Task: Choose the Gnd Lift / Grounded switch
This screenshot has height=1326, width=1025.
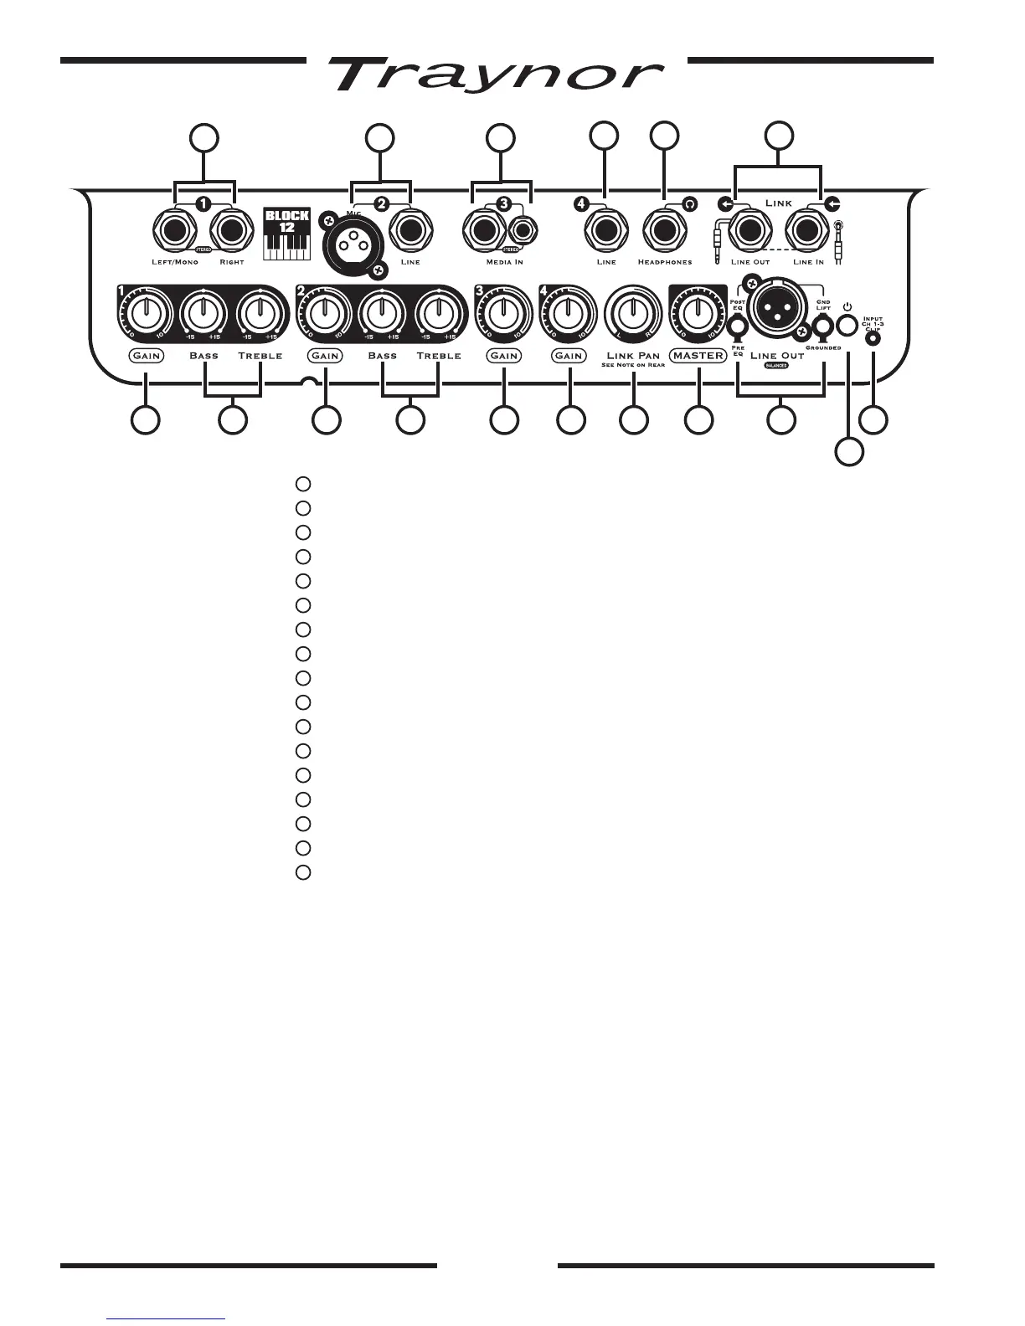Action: [x=824, y=328]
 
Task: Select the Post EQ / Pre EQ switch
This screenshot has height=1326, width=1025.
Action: [x=738, y=328]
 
